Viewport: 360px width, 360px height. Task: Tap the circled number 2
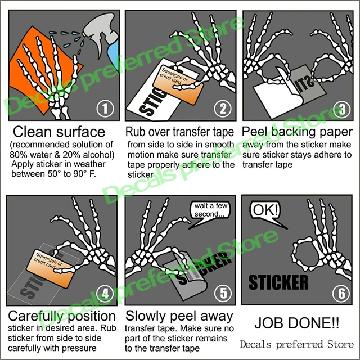(223, 109)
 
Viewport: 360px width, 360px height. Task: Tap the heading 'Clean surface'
(59, 132)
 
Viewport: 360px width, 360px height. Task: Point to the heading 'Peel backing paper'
(297, 132)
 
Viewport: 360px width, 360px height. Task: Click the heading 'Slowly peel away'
(179, 316)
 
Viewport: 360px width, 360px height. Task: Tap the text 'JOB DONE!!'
(297, 323)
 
